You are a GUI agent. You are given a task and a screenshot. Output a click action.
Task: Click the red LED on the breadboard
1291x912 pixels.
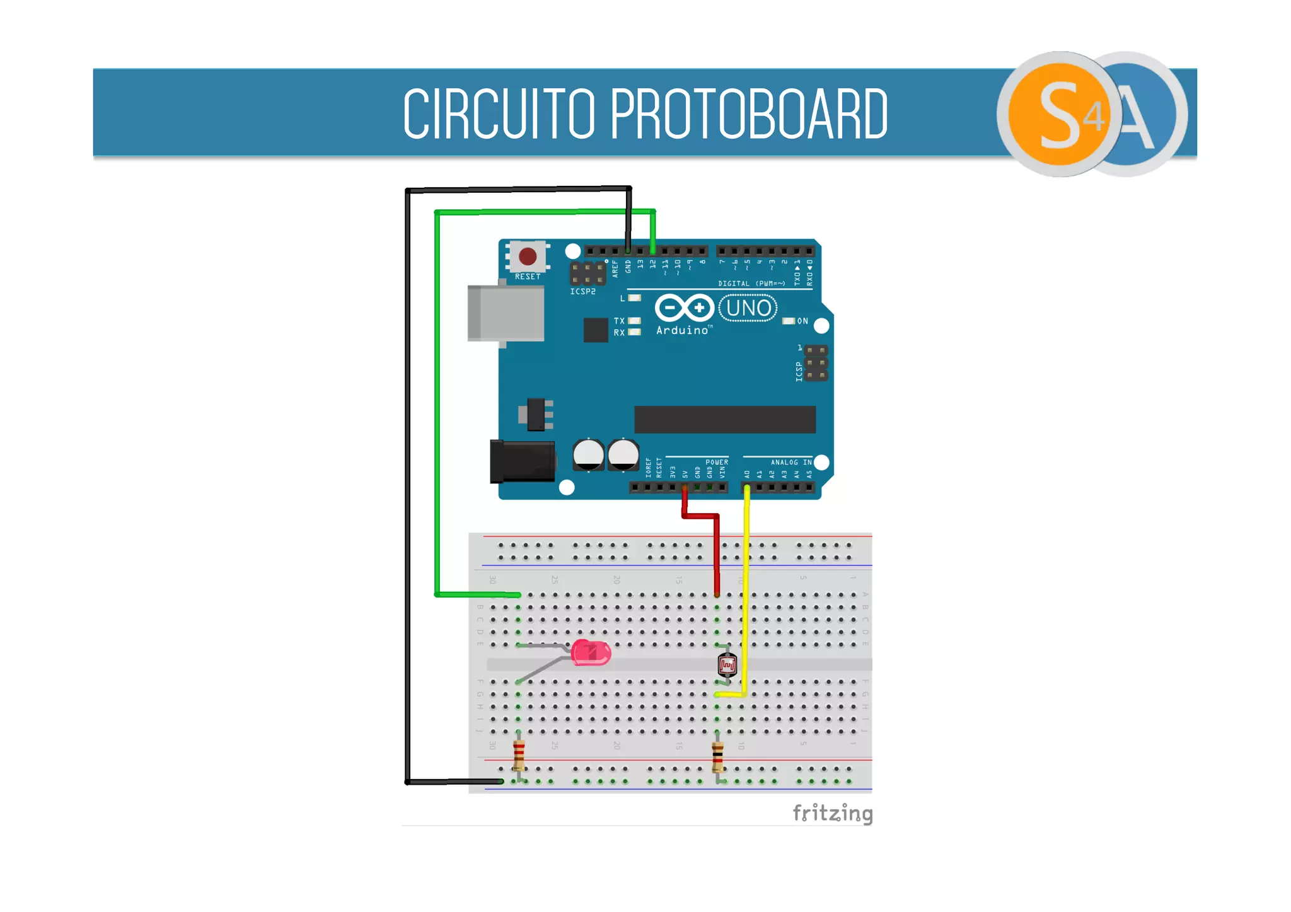tap(591, 653)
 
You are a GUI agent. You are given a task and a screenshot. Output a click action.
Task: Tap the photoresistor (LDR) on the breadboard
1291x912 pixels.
tap(727, 665)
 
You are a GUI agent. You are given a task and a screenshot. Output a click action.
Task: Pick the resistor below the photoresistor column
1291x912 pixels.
tap(717, 756)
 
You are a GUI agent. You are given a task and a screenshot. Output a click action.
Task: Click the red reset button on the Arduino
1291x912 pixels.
tap(528, 257)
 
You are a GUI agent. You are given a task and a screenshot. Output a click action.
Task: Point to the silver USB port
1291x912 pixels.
tap(505, 313)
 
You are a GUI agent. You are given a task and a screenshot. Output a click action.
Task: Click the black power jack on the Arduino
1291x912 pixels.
tap(522, 461)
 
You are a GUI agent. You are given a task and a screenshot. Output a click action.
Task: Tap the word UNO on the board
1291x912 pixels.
tap(748, 308)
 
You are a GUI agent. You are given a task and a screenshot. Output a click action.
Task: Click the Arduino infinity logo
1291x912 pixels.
tap(684, 308)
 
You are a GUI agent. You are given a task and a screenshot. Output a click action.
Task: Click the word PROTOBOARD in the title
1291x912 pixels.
tap(749, 114)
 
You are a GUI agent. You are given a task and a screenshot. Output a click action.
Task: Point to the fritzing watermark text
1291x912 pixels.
tap(832, 813)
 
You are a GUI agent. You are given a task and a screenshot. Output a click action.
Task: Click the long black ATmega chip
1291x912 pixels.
tap(725, 419)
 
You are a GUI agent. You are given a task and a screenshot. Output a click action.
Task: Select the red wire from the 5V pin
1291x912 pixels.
tap(717, 548)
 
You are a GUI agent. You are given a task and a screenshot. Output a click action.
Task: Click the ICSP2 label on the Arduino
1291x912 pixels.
tap(582, 292)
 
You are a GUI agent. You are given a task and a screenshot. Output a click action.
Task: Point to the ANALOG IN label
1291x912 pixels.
tap(790, 462)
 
